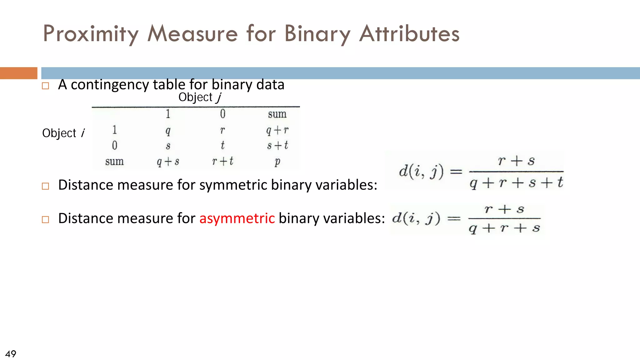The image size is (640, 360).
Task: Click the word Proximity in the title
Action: (91, 34)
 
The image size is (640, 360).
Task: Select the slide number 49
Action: (11, 354)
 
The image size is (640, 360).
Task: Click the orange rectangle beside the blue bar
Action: (18, 73)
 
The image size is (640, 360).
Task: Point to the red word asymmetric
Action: (237, 218)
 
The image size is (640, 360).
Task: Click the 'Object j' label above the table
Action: (200, 97)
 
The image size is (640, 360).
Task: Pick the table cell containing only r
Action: (222, 130)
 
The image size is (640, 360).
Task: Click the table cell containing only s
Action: (168, 146)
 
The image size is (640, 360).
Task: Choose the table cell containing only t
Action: (222, 145)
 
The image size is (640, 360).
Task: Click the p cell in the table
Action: (277, 162)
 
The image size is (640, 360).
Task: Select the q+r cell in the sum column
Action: (277, 130)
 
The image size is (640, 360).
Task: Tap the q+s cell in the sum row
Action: (168, 162)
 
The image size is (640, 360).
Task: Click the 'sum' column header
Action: (277, 114)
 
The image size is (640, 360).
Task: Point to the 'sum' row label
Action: (114, 162)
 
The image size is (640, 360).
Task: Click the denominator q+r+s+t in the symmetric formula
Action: (516, 183)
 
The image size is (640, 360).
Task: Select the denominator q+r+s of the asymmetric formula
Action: (504, 228)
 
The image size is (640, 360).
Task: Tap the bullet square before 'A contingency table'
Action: (46, 86)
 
